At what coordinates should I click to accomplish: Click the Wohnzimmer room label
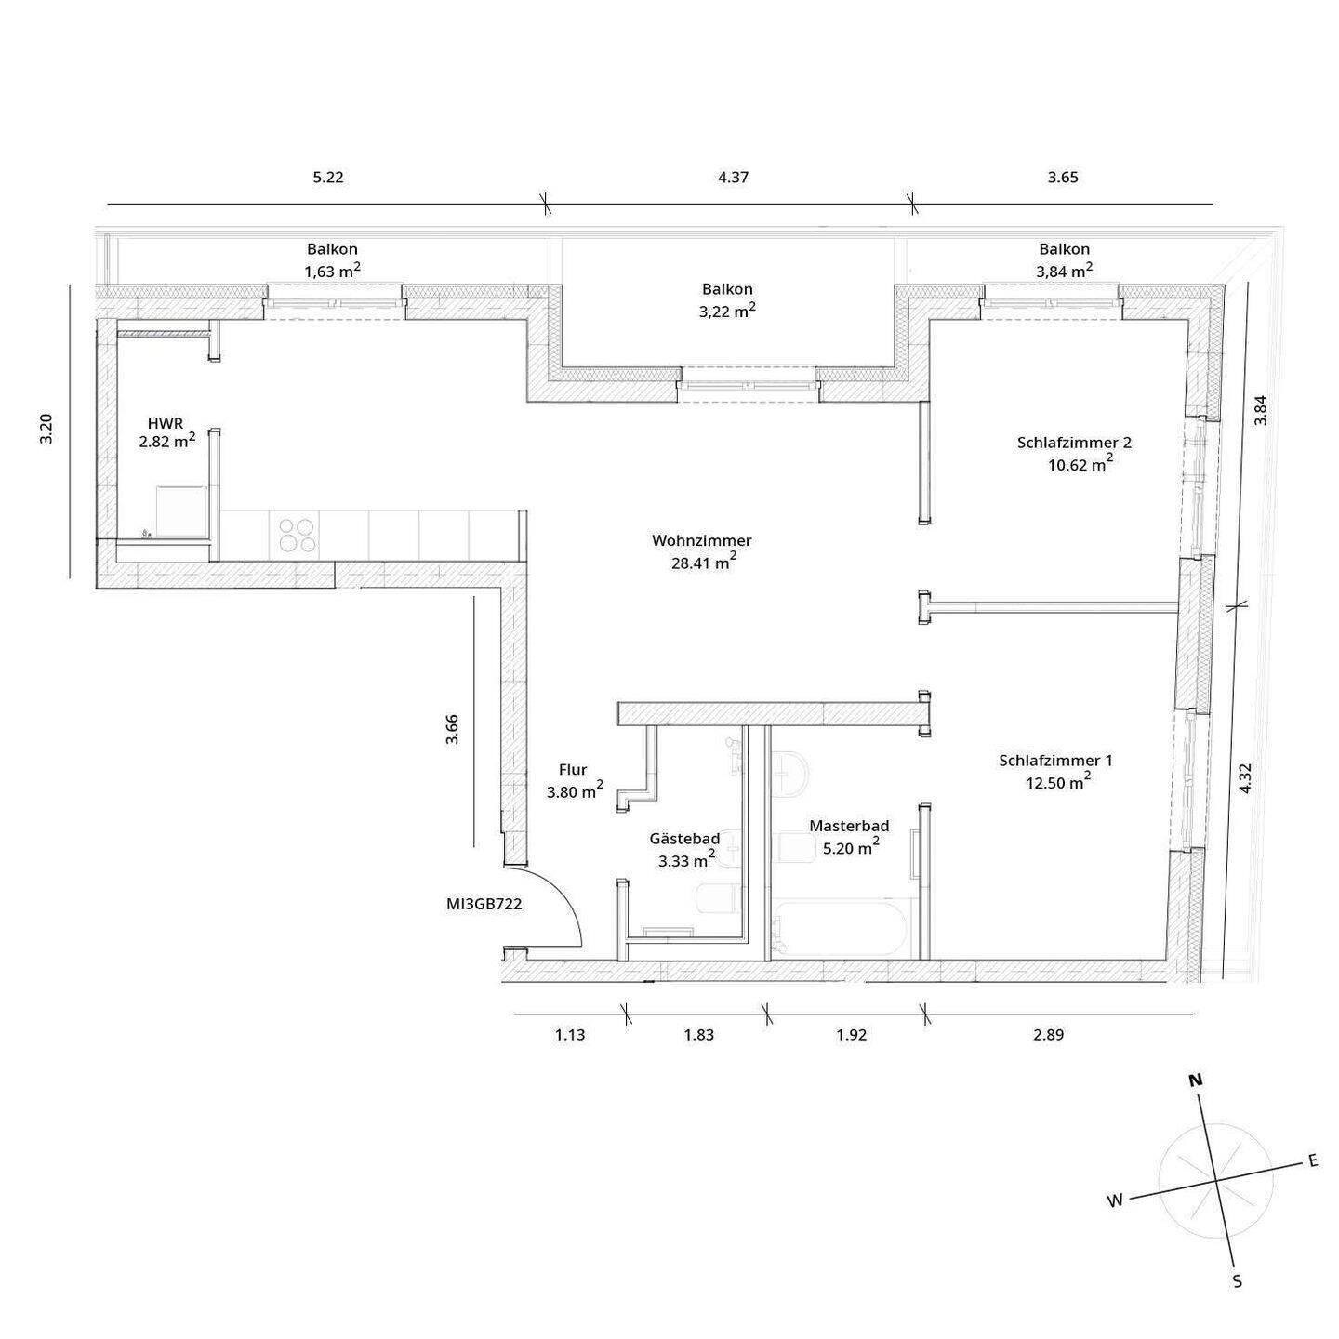pos(701,540)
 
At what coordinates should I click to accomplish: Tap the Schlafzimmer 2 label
pos(1074,443)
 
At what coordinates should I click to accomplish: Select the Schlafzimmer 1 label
pos(1055,761)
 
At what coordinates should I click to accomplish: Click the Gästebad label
pos(684,839)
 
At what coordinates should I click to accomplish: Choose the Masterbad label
pos(848,826)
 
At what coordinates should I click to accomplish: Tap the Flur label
pos(573,770)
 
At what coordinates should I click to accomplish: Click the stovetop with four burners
pos(297,536)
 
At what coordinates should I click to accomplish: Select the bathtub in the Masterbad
pos(837,927)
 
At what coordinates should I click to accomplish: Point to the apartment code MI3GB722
pos(484,903)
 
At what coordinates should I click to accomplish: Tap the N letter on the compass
pos(1195,1080)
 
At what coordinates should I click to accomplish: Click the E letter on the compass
pos(1313,1160)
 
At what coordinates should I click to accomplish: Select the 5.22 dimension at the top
pos(327,178)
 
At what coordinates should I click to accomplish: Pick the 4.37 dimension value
pos(733,178)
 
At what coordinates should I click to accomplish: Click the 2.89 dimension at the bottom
pos(1047,1035)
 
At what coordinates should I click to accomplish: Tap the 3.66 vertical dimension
pos(452,729)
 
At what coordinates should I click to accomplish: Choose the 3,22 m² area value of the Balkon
pos(726,312)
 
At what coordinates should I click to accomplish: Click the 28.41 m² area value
pos(703,563)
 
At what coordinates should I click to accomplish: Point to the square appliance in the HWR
pos(180,511)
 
